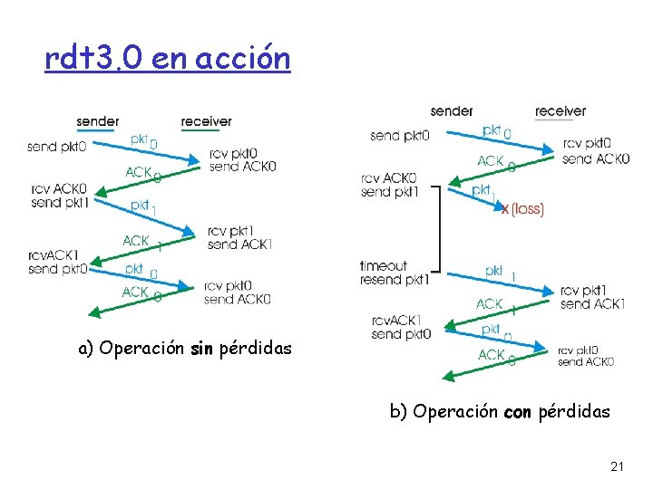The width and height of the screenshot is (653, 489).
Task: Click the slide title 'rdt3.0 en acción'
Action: point(168,59)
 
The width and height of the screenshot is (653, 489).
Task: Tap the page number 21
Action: point(617,467)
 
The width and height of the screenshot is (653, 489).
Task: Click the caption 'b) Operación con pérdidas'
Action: point(500,412)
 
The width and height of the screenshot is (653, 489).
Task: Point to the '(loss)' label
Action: point(527,209)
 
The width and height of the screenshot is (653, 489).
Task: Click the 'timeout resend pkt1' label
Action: point(393,273)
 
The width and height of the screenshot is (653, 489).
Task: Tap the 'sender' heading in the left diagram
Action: point(97,121)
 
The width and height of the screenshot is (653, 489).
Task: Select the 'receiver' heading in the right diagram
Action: point(560,111)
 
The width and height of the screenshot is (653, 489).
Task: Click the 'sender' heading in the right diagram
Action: point(452,111)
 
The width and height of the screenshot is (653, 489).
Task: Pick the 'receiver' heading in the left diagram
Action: point(206,121)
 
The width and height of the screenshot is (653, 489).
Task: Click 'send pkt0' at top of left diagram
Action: point(57,146)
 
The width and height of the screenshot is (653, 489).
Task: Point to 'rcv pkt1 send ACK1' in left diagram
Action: point(239,237)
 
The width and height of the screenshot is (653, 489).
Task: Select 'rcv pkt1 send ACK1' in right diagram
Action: point(592,298)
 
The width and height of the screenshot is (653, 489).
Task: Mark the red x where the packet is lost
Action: point(504,209)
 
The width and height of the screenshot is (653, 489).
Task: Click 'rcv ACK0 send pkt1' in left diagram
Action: point(58,196)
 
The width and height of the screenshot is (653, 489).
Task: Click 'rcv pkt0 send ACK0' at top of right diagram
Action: point(595,151)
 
